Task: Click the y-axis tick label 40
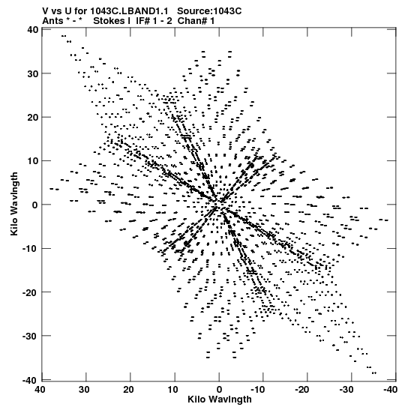click(x=33, y=30)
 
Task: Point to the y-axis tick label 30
click(x=33, y=73)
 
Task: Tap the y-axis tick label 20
click(x=33, y=118)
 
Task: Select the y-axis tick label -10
click(x=31, y=248)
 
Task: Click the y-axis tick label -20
click(x=31, y=292)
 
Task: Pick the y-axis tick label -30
click(x=31, y=336)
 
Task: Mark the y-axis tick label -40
click(x=31, y=381)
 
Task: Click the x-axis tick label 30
click(x=84, y=390)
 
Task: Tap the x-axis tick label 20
click(x=128, y=390)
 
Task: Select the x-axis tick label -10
click(x=258, y=390)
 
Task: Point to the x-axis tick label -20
click(x=302, y=390)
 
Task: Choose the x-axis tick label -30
click(x=346, y=390)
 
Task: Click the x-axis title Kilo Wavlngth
click(x=220, y=400)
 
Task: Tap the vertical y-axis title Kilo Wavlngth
click(x=14, y=204)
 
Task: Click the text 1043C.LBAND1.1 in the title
click(x=129, y=11)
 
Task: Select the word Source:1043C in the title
click(x=209, y=11)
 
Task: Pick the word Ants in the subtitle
click(x=52, y=21)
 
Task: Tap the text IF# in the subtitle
click(x=143, y=21)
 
